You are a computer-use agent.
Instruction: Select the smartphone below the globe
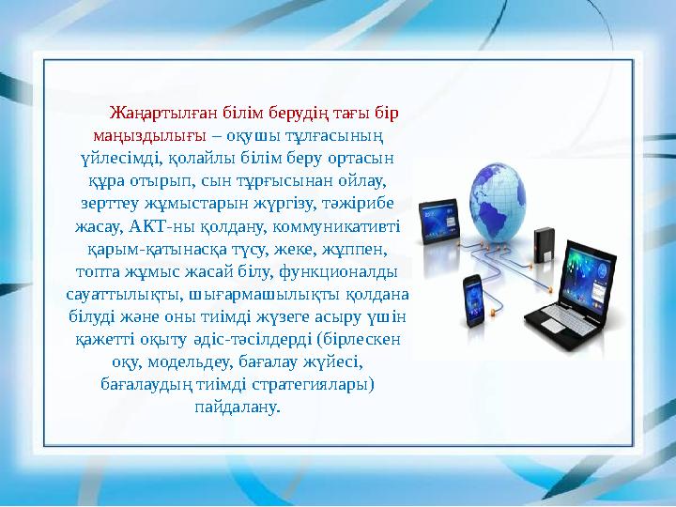(473, 297)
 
